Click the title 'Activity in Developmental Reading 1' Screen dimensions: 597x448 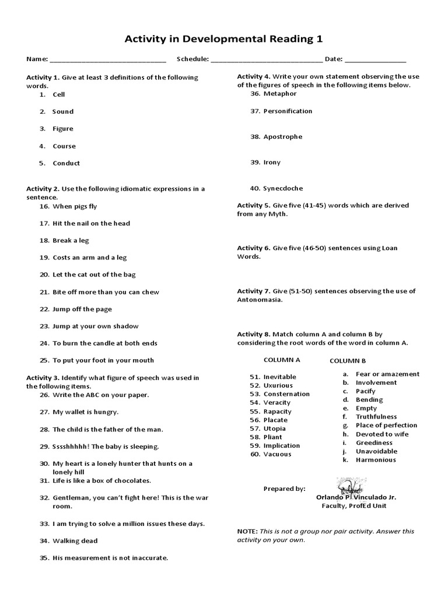[224, 39]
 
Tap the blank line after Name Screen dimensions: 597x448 [108, 60]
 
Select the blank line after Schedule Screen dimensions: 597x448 [266, 60]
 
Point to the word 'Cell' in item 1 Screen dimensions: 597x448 [59, 94]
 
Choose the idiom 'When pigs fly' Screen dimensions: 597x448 [75, 206]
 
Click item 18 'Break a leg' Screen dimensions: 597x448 [71, 240]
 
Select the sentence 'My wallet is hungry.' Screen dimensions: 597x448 [85, 412]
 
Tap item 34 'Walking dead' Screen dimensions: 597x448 [75, 540]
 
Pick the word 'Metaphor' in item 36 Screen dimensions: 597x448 [280, 93]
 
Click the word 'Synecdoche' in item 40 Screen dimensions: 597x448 [283, 188]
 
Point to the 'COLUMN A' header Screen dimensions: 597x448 [282, 360]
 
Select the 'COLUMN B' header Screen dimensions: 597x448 [348, 361]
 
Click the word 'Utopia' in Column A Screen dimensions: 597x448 [275, 429]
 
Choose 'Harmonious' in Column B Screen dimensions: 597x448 [376, 460]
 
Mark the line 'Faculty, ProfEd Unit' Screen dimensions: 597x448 [354, 506]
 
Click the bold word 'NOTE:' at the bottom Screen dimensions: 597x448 [247, 532]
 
